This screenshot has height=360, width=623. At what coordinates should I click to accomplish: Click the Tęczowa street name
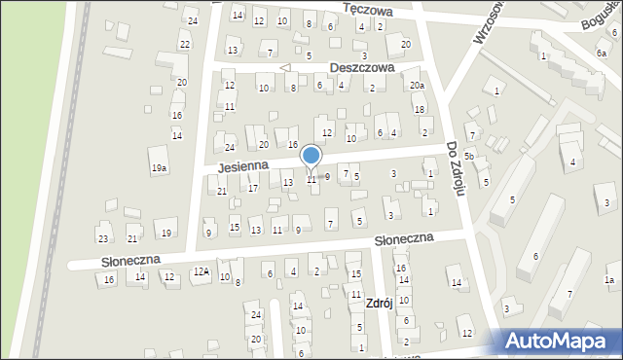tap(368, 10)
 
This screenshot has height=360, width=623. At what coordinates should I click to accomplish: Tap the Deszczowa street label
tap(361, 68)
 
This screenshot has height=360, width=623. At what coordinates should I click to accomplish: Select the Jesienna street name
tap(242, 166)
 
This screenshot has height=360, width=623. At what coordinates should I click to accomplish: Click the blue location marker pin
tap(311, 156)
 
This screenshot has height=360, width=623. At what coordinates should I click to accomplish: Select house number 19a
tap(159, 168)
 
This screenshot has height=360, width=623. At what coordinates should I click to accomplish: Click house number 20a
tap(417, 87)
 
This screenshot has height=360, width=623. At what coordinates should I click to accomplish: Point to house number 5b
tap(469, 156)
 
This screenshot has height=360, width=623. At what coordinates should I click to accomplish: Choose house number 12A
tap(201, 271)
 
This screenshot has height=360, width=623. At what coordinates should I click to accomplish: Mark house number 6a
tap(601, 54)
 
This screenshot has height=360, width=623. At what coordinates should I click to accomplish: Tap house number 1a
tap(609, 280)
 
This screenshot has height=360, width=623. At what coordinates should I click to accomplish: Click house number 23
tap(103, 238)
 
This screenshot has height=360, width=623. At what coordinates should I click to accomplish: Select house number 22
tap(184, 44)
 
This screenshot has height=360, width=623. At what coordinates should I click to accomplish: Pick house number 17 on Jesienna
tap(252, 188)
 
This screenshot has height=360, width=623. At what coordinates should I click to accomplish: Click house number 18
tap(419, 109)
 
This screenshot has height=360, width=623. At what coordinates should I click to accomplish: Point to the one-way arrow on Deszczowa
tap(285, 68)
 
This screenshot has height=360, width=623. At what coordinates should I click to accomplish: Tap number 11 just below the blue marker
tap(311, 179)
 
